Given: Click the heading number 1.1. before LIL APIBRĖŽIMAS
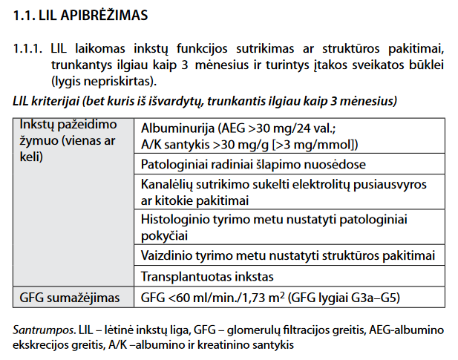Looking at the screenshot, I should click(x=25, y=14).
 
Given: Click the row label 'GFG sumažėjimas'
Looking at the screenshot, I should click(x=69, y=298).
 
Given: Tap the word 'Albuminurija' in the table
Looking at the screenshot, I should click(x=175, y=127).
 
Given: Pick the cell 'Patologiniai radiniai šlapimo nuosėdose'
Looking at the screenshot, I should click(x=253, y=163).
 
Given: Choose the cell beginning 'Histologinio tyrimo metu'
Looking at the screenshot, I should click(x=275, y=227).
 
